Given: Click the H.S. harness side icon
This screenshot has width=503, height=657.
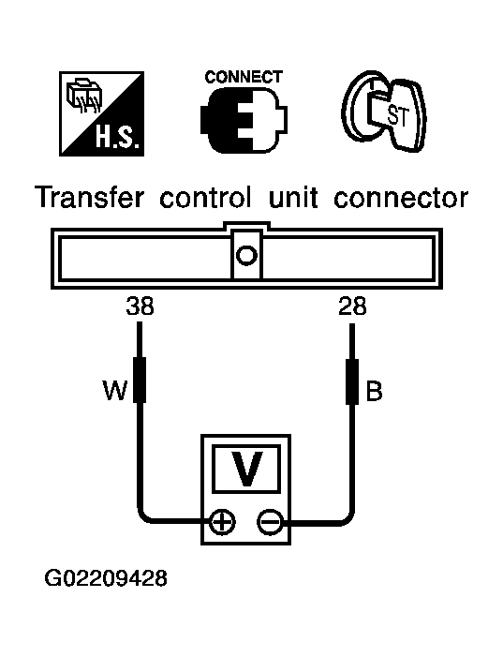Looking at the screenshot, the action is (x=102, y=113).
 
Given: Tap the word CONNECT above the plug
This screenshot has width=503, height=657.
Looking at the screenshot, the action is (x=244, y=77).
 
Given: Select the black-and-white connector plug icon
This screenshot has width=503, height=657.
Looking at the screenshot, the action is (x=244, y=122).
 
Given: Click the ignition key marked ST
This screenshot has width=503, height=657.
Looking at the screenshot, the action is (x=384, y=111).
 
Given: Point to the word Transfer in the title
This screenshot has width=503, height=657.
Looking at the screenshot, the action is (x=90, y=198).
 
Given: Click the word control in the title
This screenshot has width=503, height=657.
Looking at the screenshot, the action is (x=206, y=198).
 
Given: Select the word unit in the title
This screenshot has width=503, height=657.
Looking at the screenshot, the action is (x=293, y=198).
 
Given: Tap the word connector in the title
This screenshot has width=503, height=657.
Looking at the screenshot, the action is (x=401, y=198).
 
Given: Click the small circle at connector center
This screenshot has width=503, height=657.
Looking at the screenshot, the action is (x=246, y=255).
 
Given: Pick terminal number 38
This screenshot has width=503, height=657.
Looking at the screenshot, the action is (x=140, y=306).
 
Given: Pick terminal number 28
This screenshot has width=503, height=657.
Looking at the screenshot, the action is (x=352, y=306).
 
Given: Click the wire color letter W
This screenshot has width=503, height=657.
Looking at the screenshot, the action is (x=115, y=391).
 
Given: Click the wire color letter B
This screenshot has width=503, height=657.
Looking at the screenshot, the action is (x=374, y=391).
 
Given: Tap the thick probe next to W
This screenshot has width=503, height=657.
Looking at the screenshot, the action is (x=140, y=380).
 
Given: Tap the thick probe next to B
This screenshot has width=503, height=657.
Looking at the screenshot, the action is (x=352, y=381).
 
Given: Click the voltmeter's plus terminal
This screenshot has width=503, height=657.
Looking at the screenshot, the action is (x=222, y=522).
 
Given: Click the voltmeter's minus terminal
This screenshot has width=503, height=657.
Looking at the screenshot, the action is (x=270, y=522).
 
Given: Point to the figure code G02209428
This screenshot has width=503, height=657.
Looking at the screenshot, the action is (x=106, y=578).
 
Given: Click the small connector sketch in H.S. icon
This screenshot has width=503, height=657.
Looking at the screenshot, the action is (x=84, y=95).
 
